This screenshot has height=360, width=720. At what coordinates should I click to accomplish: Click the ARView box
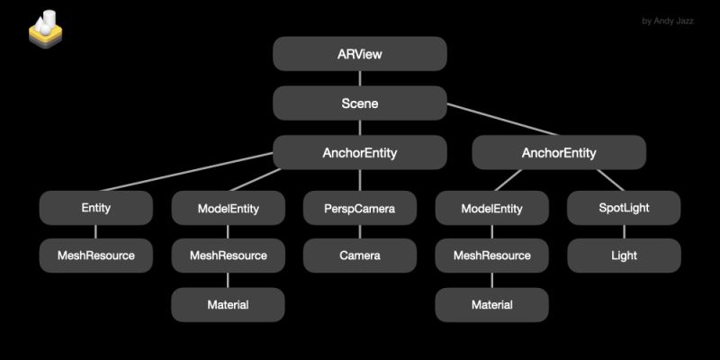point(359,54)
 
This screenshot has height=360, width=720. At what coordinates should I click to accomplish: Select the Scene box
point(359,103)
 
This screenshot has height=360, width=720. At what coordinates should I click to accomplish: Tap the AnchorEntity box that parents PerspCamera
point(359,153)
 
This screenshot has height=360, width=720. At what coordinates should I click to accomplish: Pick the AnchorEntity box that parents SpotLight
point(559,153)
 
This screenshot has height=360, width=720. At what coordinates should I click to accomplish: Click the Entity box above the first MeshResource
point(95,209)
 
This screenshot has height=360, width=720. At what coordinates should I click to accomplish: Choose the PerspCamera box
point(359,209)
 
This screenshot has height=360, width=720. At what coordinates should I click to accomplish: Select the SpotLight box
point(623,209)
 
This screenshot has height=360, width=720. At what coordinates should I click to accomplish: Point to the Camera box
point(359,256)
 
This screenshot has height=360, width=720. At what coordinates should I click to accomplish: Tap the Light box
point(623,256)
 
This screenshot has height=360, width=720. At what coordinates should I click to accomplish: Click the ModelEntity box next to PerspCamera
point(228,209)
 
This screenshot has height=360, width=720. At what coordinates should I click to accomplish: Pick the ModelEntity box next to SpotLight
point(491,209)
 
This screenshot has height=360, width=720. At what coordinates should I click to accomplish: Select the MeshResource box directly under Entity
point(95,256)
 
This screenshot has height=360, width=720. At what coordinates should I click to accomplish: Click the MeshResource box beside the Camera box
point(228,256)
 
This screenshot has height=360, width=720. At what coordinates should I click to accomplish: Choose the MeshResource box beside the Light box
point(491,256)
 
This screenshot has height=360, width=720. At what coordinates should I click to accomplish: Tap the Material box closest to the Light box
point(491,305)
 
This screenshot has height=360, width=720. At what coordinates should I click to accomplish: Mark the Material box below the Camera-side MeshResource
point(228,305)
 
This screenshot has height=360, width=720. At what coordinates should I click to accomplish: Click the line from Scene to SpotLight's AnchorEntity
point(504,124)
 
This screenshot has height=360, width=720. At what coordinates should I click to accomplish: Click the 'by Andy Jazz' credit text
point(668,21)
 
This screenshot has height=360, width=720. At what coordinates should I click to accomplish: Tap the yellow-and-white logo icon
point(44,30)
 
